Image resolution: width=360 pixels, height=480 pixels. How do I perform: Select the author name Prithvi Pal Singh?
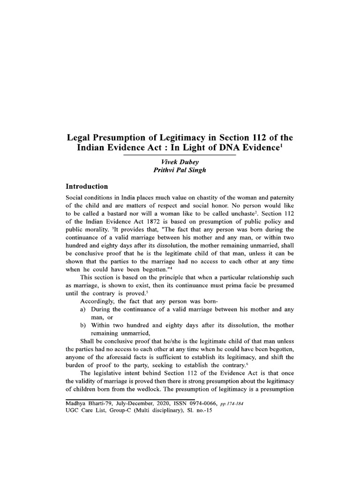click(x=180, y=170)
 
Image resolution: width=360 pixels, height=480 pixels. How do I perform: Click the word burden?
click(x=77, y=366)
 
